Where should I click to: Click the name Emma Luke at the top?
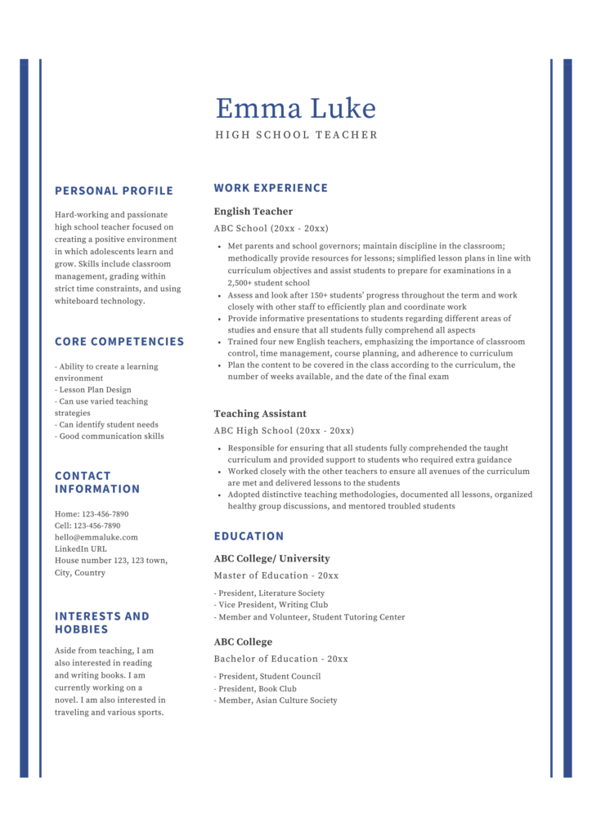point(295,109)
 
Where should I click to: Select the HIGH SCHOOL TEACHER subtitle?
point(296,135)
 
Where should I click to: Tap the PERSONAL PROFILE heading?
point(114,191)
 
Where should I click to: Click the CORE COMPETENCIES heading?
point(119,342)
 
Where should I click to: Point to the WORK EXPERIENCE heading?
point(271,188)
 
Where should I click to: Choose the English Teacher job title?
point(253,212)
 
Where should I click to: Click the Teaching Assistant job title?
point(260,414)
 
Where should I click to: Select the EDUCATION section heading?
point(249,536)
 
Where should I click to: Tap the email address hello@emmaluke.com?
point(96,538)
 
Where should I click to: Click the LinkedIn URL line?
point(81,549)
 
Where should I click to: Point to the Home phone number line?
point(92,514)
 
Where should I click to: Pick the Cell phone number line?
point(87,526)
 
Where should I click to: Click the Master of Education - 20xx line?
point(276,575)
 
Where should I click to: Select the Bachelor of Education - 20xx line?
point(280,659)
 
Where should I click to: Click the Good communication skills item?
point(110,436)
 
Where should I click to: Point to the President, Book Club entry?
point(256,688)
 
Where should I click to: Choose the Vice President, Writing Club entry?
point(271,605)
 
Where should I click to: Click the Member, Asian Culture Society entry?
point(276,700)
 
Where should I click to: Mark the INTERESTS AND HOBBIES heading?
point(101,623)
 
